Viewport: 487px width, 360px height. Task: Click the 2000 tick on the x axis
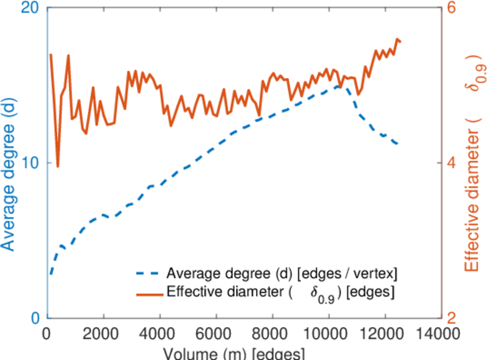click(104, 334)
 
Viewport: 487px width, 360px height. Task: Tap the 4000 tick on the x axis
click(160, 334)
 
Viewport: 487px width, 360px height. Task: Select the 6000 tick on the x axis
click(216, 334)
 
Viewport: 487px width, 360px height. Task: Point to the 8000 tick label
click(272, 334)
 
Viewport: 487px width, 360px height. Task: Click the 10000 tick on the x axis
click(328, 334)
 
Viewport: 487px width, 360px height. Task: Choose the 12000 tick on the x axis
click(384, 334)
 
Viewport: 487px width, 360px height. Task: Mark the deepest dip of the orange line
click(58, 166)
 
